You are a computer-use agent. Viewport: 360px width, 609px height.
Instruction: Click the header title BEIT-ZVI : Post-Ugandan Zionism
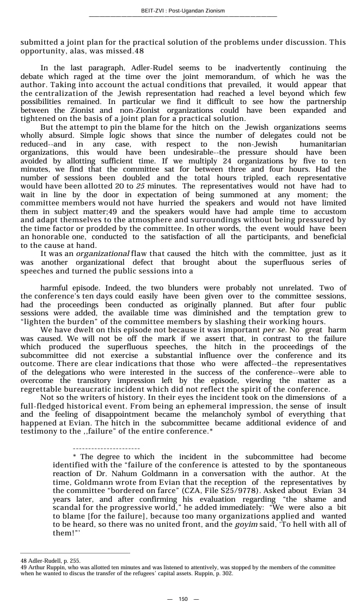[182, 11]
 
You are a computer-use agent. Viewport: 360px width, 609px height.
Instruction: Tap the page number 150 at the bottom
[183, 599]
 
